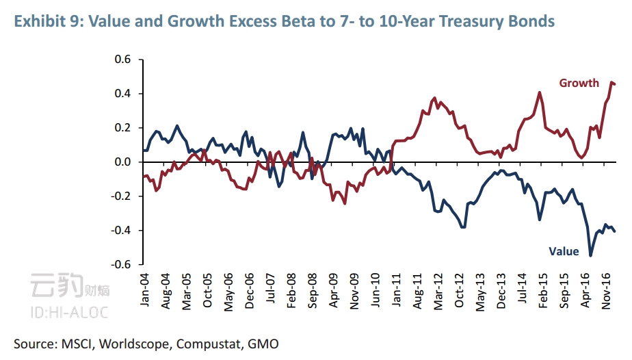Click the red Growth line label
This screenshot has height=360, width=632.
pyautogui.click(x=579, y=83)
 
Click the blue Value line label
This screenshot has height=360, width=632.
pyautogui.click(x=564, y=251)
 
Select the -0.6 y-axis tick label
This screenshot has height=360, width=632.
pyautogui.click(x=120, y=265)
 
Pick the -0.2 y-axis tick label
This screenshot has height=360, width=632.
pyautogui.click(x=120, y=196)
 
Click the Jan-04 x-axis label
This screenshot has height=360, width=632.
pyautogui.click(x=145, y=292)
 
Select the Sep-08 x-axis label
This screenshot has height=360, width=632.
pyautogui.click(x=313, y=292)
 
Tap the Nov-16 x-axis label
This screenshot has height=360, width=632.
pyautogui.click(x=607, y=292)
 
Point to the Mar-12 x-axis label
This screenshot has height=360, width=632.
pyautogui.click(x=439, y=292)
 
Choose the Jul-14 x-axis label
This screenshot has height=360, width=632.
pyautogui.click(x=523, y=292)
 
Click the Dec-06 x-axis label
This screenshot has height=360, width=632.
pyautogui.click(x=250, y=292)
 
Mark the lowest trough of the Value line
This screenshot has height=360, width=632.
pyautogui.click(x=590, y=255)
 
